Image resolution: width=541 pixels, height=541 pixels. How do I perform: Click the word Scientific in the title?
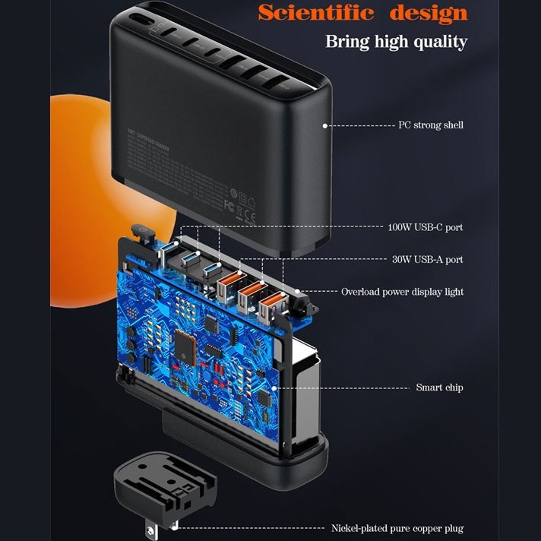point(318,13)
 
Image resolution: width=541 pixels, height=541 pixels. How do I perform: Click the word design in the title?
point(429,13)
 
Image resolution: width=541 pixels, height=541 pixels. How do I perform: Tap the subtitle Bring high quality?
point(396,41)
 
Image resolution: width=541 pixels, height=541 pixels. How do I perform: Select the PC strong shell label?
point(431,125)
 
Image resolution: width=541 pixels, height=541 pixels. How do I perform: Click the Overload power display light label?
point(402,292)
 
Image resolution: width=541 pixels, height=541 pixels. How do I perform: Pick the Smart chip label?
point(439,388)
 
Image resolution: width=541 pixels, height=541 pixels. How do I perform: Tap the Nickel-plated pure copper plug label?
point(397,528)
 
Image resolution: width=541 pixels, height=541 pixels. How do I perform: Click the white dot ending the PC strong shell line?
point(324,125)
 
